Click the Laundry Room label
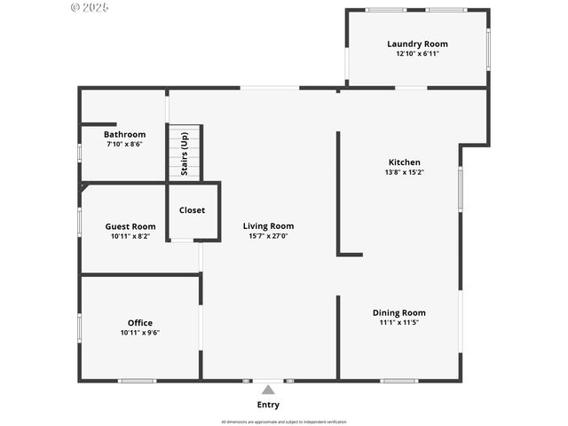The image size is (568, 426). [417, 43]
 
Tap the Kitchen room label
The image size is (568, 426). [405, 162]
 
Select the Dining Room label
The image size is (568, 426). [398, 312]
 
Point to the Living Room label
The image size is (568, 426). [268, 226]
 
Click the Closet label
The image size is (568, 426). [192, 210]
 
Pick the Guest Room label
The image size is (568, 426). [130, 226]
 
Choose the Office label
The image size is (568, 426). [140, 323]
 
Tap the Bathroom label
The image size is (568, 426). [124, 135]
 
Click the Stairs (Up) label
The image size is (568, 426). [185, 154]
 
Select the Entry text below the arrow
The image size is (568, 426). [268, 405]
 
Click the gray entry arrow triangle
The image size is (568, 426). [268, 389]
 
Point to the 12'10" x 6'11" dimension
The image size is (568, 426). [417, 53]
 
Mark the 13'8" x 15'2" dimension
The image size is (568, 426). [405, 172]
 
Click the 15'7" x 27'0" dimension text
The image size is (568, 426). [268, 236]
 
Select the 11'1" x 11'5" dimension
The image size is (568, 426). [398, 322]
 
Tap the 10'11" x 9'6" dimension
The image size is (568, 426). [140, 333]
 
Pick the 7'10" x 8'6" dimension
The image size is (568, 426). [124, 145]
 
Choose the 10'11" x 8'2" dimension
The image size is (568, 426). [130, 236]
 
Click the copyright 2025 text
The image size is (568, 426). [89, 6]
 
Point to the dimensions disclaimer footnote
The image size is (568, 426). [284, 422]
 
